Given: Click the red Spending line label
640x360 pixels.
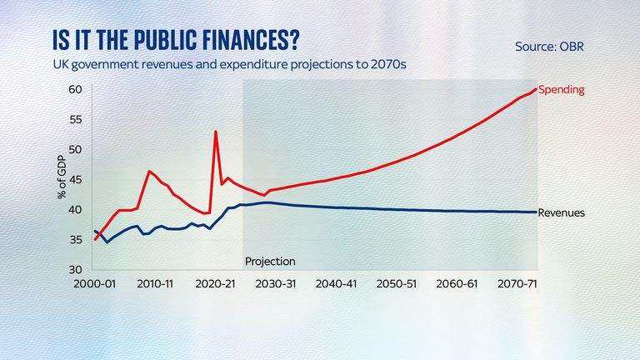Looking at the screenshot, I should point(562,88).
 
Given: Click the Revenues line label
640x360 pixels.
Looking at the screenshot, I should point(562,212).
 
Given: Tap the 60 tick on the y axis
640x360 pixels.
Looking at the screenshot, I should point(75,89).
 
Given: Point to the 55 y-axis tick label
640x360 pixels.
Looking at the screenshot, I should point(75,119).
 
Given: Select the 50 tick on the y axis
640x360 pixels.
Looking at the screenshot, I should point(75,149).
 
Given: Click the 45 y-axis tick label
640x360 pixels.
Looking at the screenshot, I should point(75,179).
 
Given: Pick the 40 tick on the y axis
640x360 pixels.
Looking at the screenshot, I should point(75,209).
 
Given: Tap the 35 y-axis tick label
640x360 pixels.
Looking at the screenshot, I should point(75,240).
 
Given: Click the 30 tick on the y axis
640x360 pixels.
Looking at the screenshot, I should point(75,270).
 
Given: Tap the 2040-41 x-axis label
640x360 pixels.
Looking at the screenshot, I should point(337,284).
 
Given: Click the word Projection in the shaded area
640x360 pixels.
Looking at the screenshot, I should point(270,261).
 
